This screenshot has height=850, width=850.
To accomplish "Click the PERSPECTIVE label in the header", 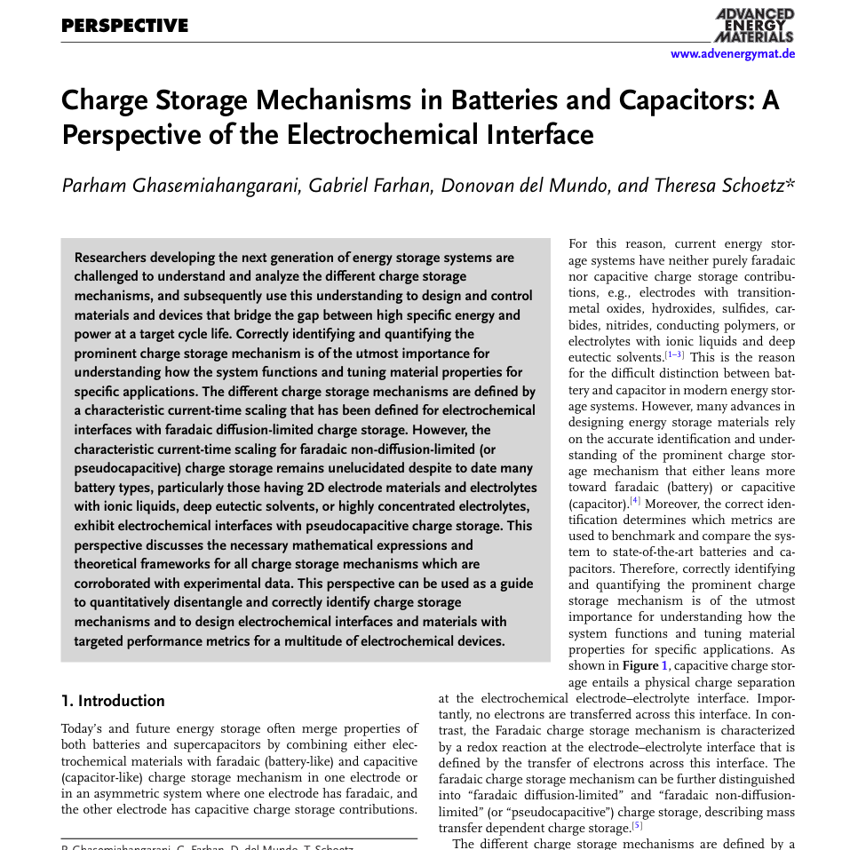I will tap(124, 26).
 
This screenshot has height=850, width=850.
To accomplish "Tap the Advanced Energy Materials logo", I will tap(754, 25).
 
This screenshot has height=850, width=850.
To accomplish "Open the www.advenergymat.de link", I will tap(732, 54).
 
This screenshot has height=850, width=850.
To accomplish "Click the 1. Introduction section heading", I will tap(113, 701).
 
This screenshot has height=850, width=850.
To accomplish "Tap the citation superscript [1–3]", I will tap(674, 355).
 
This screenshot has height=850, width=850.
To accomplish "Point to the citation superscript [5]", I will tap(637, 825).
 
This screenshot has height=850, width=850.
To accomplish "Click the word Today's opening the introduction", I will tap(84, 728).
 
